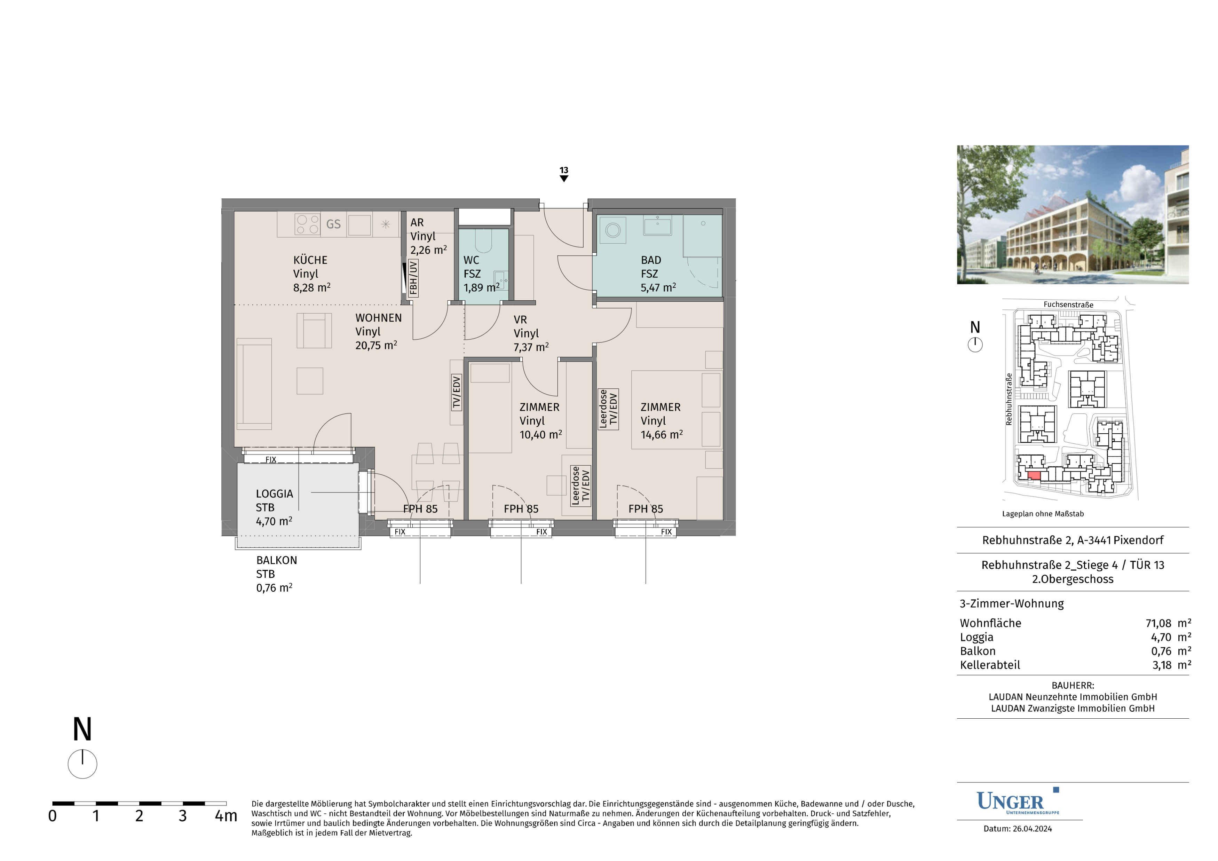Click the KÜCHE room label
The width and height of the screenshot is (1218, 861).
[310, 260]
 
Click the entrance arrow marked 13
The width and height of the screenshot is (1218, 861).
[564, 178]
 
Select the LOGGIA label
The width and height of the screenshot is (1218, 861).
[274, 494]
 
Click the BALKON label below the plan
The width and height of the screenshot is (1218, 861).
[276, 560]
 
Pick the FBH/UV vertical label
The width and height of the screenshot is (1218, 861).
[413, 277]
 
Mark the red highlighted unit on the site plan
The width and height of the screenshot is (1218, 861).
[1034, 476]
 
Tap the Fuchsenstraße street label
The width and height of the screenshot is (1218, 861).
[1068, 305]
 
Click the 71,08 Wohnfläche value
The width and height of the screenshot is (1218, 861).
[1158, 623]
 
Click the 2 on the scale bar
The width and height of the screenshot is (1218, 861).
[139, 816]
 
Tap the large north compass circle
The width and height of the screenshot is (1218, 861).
[82, 764]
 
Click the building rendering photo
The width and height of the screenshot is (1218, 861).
[1073, 214]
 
